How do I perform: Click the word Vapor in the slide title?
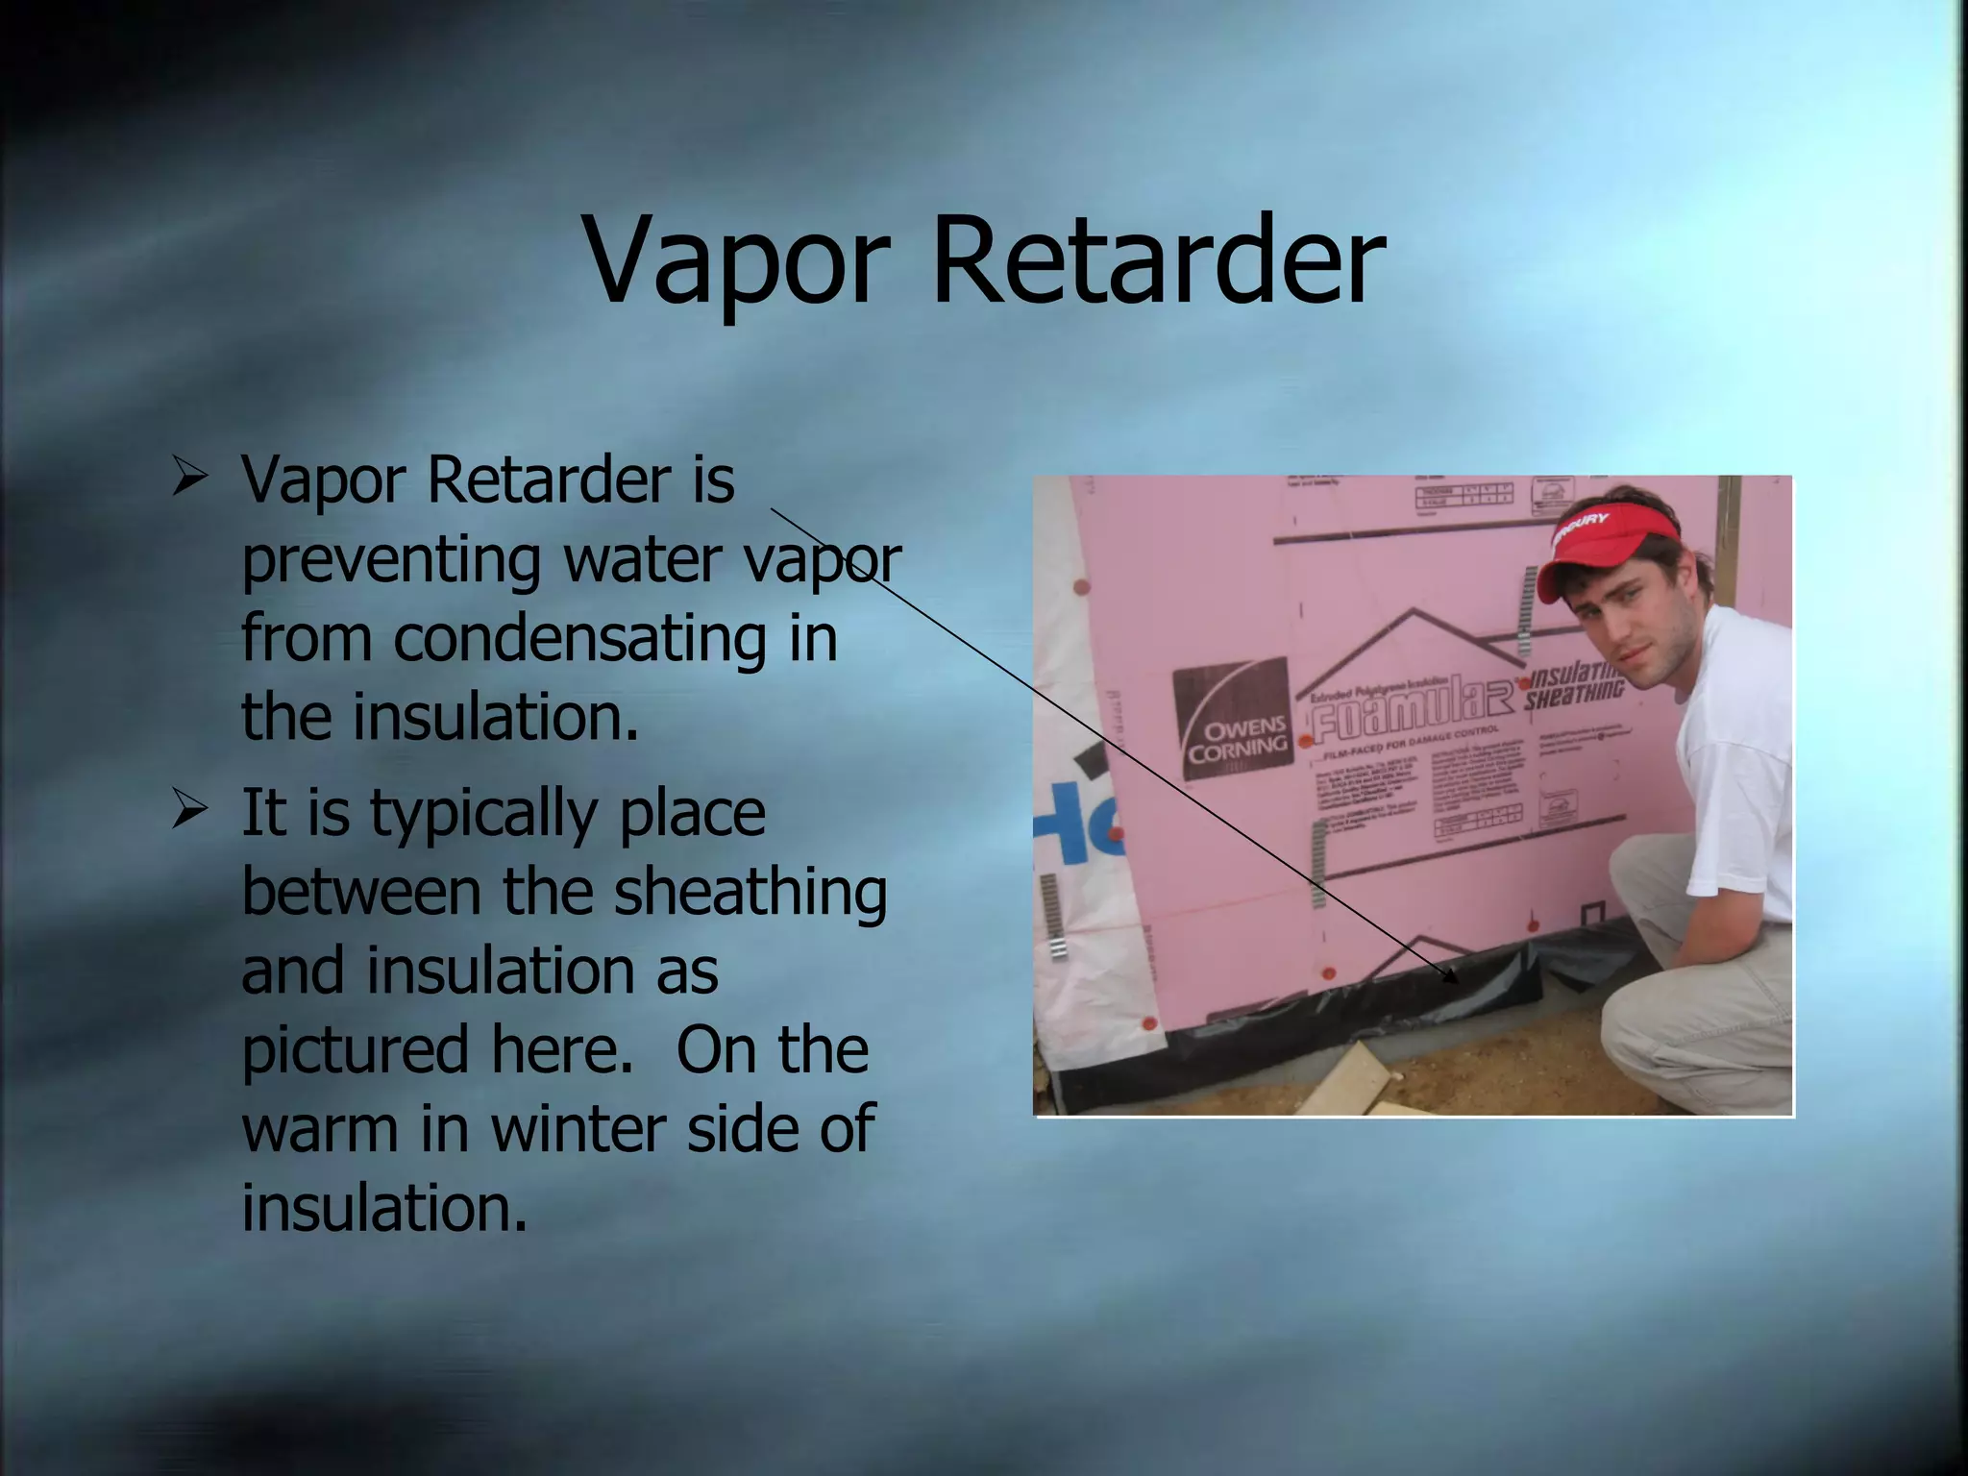coord(736,261)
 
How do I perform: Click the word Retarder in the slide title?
coord(1158,261)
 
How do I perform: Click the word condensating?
coord(579,639)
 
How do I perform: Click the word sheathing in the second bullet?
coord(750,894)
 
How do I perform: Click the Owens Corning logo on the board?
coord(1233,719)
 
